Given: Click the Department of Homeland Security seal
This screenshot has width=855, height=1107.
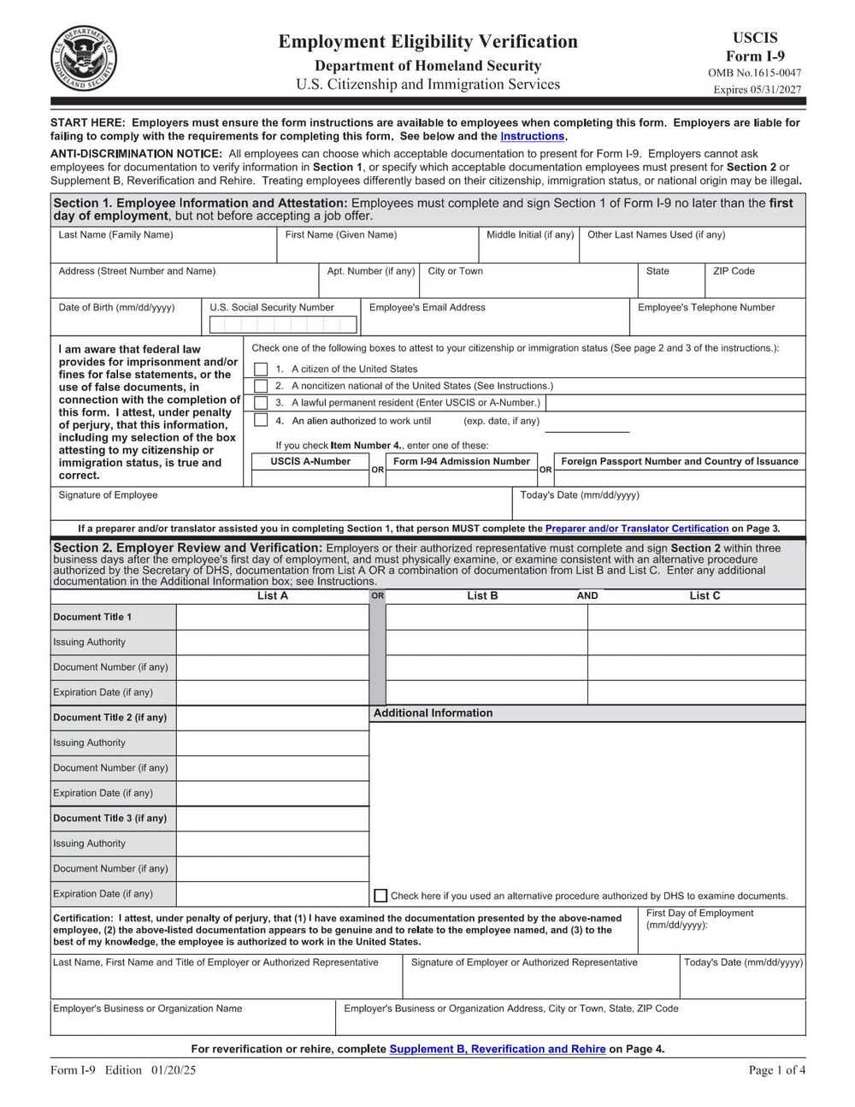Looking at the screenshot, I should pos(84,59).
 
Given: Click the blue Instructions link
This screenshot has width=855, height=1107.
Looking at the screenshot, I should pos(532,136).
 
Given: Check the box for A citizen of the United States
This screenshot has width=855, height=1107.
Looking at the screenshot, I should pos(261,369).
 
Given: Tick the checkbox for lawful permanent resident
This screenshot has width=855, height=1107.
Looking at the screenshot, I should pos(261,402).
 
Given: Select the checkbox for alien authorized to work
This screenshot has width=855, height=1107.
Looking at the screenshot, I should pos(261,420).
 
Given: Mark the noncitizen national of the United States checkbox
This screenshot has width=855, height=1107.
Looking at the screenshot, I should pos(261,386).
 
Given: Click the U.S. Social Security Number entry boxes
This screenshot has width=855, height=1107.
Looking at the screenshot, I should pos(282,324).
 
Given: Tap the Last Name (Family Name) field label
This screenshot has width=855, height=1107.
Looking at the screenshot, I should pos(115,234).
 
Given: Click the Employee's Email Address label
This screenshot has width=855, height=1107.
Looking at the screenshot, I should pos(427,307).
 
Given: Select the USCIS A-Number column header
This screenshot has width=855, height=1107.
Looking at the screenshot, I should pos(310,461).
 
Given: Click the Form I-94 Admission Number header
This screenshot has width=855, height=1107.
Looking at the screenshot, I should pos(462,461).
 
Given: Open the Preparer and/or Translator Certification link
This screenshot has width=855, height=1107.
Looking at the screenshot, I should pos(636,529).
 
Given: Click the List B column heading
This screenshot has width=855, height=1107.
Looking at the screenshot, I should pos(482,595).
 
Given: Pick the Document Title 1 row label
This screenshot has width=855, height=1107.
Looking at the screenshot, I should pos(92,617).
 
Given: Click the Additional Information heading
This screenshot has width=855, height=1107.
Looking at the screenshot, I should pos(433,713).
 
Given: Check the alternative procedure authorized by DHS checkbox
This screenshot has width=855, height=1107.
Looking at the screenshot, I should pos(380,896).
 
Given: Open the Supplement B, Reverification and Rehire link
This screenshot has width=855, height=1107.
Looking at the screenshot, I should pos(497,1049).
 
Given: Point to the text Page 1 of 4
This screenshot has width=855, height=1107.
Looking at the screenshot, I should pos(776,1069).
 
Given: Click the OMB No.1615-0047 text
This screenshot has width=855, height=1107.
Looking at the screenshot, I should pos(754,73).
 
